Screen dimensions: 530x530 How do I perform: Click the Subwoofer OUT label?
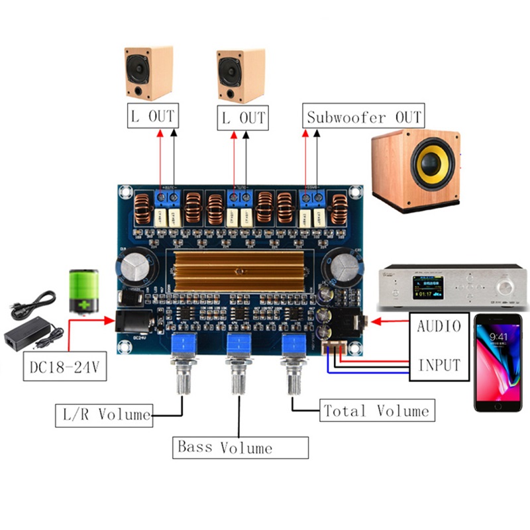pos(364,118)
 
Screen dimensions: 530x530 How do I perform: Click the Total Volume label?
pos(376,411)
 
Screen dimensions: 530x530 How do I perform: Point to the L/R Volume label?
pos(103,415)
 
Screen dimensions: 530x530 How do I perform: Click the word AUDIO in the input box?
pos(439,326)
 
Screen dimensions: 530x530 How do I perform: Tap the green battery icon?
pos(85,290)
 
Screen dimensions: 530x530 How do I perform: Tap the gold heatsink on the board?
pos(241,271)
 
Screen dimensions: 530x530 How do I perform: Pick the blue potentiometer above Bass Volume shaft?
pos(240,344)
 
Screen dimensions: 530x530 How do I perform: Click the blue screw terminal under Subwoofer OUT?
pos(312,197)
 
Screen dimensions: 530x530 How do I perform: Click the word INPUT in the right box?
pos(439,364)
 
